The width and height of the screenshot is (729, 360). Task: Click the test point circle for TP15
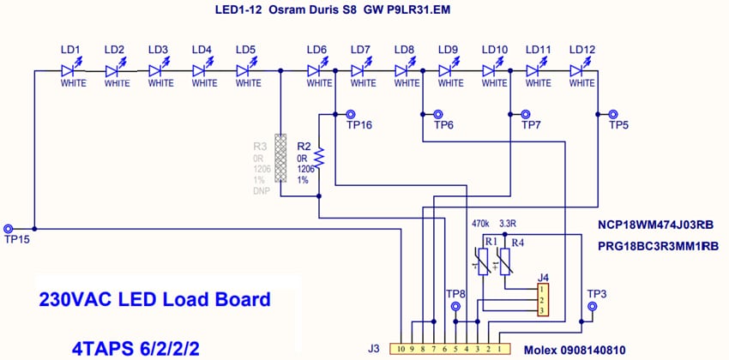[x=9, y=229]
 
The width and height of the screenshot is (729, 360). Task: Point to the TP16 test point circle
[x=351, y=113]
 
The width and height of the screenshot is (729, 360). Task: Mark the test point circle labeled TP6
[x=438, y=113]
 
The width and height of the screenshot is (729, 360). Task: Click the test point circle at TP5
[x=613, y=113]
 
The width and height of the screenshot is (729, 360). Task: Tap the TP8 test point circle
[x=455, y=305]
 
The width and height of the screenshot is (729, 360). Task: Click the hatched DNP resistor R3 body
[x=280, y=157]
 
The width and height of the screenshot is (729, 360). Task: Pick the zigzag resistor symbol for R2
[x=318, y=157]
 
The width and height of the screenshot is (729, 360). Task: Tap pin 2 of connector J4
[x=543, y=300]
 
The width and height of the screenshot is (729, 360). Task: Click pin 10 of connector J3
[x=401, y=349]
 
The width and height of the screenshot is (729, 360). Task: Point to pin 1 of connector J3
[x=499, y=349]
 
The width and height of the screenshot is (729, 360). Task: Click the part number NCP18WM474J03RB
[x=656, y=225]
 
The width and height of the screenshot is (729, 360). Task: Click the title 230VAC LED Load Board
[x=154, y=301]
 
